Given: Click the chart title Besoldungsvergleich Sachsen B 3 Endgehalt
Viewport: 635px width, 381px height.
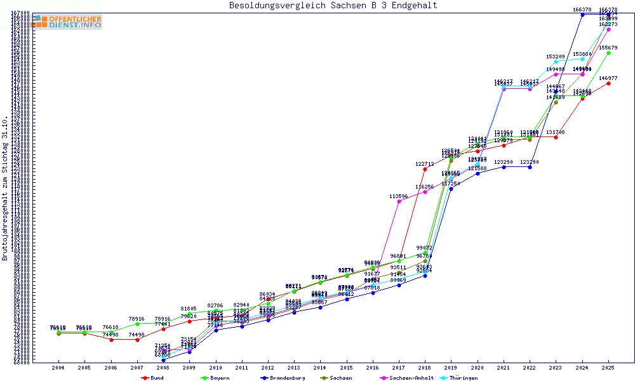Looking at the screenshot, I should (333, 6).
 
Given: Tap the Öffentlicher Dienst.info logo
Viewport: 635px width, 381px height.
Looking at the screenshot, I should (66, 22).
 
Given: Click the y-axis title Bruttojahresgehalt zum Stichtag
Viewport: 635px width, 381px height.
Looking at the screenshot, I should (5, 189).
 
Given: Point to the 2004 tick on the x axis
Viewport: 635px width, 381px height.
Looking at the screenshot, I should (58, 368).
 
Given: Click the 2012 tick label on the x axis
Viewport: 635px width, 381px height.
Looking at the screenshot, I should (268, 368).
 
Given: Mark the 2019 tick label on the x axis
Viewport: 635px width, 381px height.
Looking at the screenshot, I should (451, 368).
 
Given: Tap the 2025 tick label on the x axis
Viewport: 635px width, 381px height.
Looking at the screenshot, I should (608, 368).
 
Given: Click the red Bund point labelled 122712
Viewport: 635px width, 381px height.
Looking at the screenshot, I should (425, 169).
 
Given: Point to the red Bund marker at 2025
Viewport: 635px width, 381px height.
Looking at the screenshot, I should (608, 83).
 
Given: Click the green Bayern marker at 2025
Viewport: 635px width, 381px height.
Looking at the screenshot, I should (608, 53).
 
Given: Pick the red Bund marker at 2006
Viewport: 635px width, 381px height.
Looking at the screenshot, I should (111, 340).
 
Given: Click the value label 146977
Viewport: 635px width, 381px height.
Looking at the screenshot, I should (608, 78).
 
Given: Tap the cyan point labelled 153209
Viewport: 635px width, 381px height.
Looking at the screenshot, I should (556, 62).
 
